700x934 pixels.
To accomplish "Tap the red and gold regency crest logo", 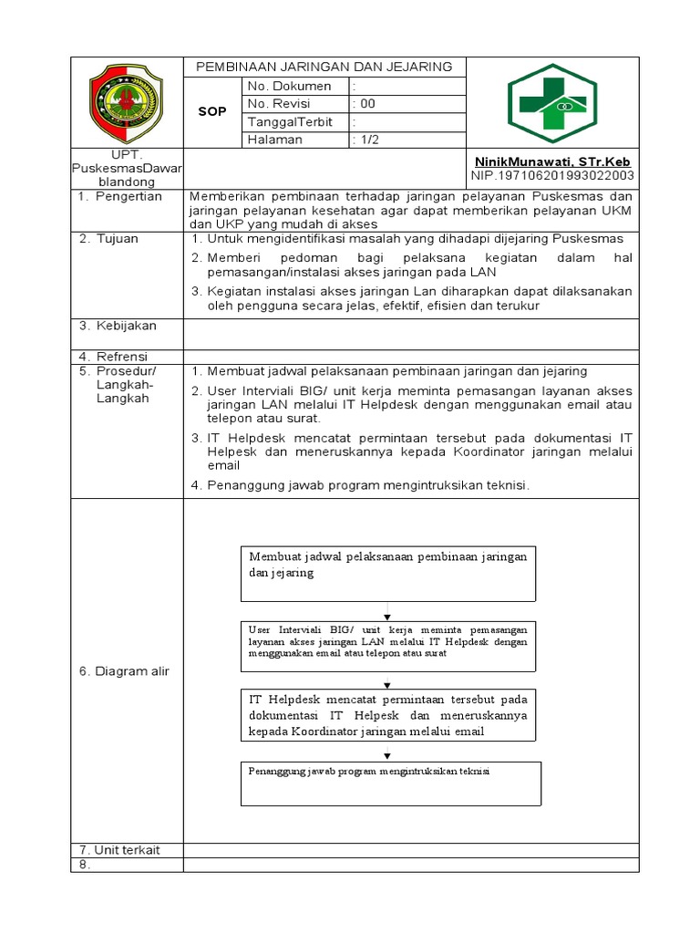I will point(127,103).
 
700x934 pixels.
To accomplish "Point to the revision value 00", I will point(366,104).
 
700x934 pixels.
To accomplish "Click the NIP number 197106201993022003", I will point(552,175).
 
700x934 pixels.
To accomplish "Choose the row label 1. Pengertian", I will point(119,196).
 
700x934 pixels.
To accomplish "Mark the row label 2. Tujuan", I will point(108,239).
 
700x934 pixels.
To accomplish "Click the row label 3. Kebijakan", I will point(118,326).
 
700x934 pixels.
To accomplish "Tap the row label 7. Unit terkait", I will point(119,850).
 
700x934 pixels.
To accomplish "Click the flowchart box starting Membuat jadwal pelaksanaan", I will point(388,574).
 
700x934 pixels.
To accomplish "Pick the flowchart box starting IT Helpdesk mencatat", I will point(388,715).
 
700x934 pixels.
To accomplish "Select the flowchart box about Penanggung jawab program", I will point(391,784).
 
